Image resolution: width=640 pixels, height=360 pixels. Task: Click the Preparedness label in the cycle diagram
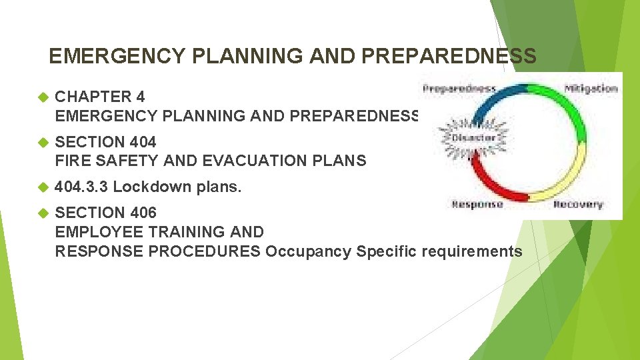point(459,88)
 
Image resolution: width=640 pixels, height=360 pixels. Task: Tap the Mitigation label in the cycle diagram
point(591,88)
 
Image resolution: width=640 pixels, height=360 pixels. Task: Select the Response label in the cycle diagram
point(477,205)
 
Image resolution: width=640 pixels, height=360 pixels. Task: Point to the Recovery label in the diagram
point(577,205)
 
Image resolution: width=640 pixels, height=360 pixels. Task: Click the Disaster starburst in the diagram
point(474,137)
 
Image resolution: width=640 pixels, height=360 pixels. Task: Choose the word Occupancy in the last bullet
point(308,251)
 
